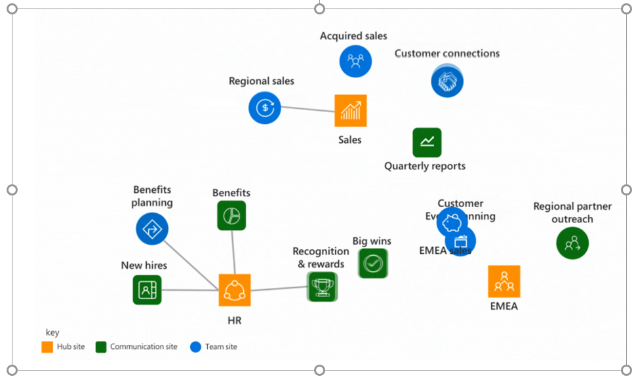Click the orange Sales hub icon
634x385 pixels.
(x=351, y=111)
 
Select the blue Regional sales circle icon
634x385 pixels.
(x=264, y=108)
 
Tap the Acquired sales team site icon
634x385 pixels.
(x=355, y=61)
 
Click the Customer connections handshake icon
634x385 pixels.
(x=447, y=81)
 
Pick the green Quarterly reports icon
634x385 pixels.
(x=427, y=142)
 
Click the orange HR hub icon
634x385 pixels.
(x=235, y=290)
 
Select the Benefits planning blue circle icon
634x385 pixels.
(x=152, y=229)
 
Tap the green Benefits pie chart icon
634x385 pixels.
(x=231, y=215)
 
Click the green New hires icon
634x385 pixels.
(x=147, y=289)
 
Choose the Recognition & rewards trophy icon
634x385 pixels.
(x=322, y=287)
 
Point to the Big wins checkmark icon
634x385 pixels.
(x=373, y=263)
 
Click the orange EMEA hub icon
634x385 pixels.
(x=504, y=281)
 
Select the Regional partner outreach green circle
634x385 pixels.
(x=572, y=243)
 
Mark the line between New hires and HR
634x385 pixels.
(x=190, y=289)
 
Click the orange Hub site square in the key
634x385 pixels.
(x=47, y=346)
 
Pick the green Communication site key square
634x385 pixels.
(x=101, y=346)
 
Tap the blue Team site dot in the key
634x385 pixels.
(x=195, y=346)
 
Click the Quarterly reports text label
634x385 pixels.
(x=425, y=166)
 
